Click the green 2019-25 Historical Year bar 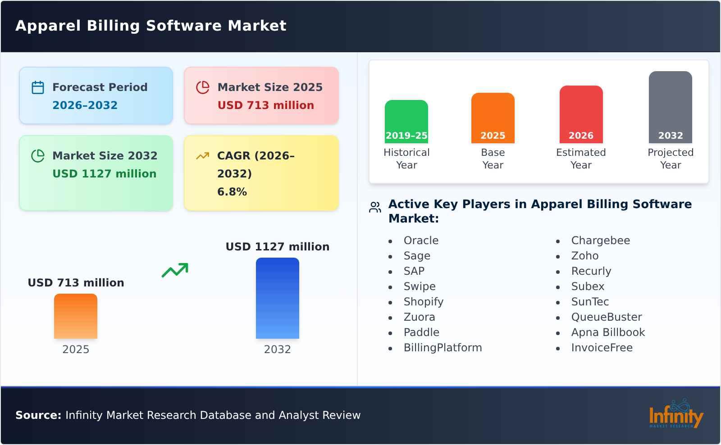pyautogui.click(x=406, y=122)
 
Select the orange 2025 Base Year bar pyautogui.click(x=493, y=118)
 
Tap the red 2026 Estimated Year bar pyautogui.click(x=581, y=114)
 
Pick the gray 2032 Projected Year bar pyautogui.click(x=670, y=107)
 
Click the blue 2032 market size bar pyautogui.click(x=277, y=298)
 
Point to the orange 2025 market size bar pyautogui.click(x=76, y=316)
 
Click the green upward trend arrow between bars pyautogui.click(x=175, y=270)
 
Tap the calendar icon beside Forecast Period pyautogui.click(x=38, y=87)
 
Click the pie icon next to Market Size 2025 pyautogui.click(x=203, y=87)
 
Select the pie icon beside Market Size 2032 pyautogui.click(x=38, y=156)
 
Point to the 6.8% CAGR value pyautogui.click(x=232, y=192)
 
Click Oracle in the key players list pyautogui.click(x=421, y=241)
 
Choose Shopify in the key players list pyautogui.click(x=423, y=302)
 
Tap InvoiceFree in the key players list pyautogui.click(x=602, y=348)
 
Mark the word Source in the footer pyautogui.click(x=38, y=415)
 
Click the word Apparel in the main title pyautogui.click(x=48, y=26)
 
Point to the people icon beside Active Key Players pyautogui.click(x=375, y=207)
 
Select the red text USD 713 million pyautogui.click(x=265, y=105)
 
